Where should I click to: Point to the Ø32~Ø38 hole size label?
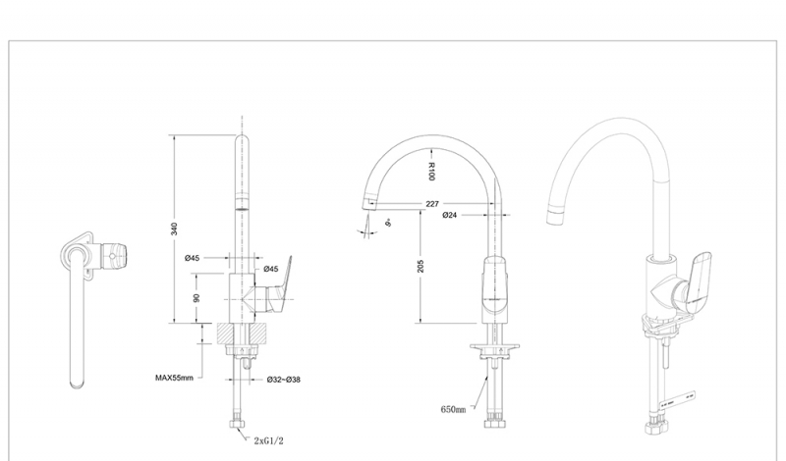283,378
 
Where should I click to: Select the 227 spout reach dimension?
432,204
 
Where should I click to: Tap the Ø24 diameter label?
449,215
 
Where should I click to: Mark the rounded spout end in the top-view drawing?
76,380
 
